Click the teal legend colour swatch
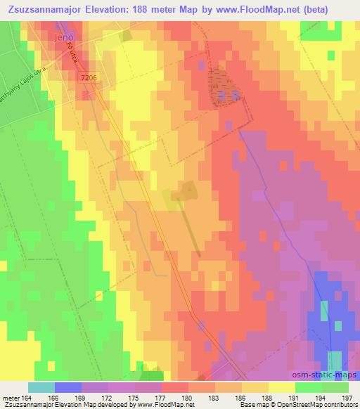click(41, 387)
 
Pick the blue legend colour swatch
click(67, 387)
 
